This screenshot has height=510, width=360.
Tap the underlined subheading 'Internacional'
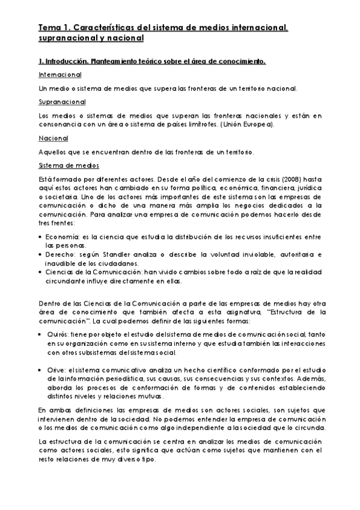point(59,75)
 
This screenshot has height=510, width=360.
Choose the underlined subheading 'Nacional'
point(52,138)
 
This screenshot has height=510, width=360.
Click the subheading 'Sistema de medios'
point(69,165)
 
